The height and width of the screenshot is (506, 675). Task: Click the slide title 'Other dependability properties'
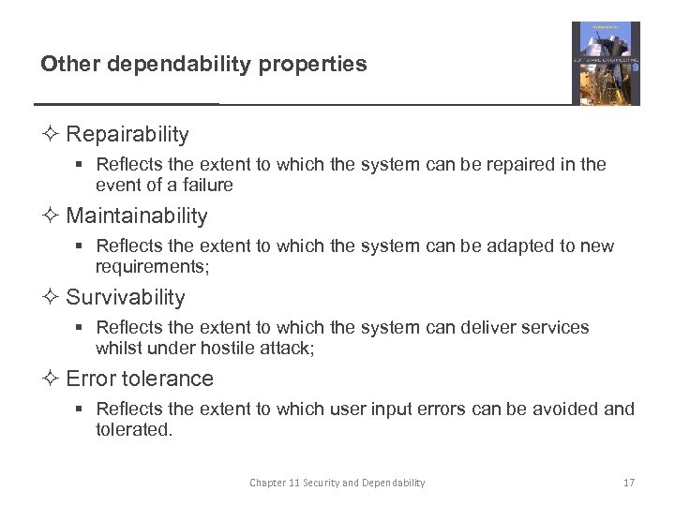click(203, 64)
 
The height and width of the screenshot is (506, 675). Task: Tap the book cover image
click(606, 63)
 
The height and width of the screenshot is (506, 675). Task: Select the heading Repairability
click(127, 135)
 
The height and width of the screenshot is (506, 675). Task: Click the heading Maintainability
click(137, 216)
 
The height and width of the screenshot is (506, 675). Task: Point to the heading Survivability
click(126, 298)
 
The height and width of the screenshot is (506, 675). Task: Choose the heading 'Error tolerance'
click(140, 379)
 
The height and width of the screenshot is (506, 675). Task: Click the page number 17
click(629, 483)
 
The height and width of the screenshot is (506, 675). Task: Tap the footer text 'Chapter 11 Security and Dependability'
click(337, 483)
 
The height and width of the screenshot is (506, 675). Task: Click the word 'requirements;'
click(154, 267)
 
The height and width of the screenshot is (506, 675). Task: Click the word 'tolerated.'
click(134, 430)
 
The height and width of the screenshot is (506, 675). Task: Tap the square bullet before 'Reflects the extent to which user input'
click(82, 409)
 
